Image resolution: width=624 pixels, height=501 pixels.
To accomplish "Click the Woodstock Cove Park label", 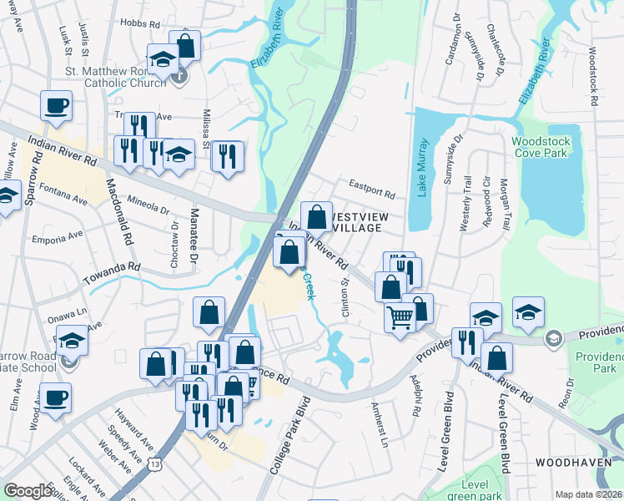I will [539, 147].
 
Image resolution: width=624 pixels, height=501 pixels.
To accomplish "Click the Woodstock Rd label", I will [594, 75].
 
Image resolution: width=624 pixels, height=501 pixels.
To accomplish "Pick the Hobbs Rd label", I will [138, 24].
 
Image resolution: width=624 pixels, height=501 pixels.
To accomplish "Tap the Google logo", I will [28, 492].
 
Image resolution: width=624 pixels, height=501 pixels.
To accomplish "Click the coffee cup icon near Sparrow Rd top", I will [56, 105].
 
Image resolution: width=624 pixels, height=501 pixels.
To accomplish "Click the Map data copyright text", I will [589, 494].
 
